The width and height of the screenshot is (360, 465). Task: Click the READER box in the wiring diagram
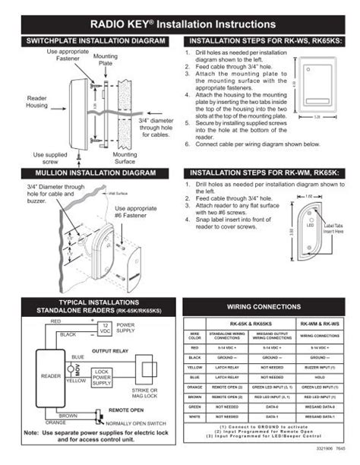point(50,376)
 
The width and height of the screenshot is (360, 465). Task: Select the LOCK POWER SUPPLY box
point(102,378)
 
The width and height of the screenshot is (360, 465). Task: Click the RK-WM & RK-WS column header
point(320,322)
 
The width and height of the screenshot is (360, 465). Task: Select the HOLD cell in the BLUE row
point(320,376)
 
